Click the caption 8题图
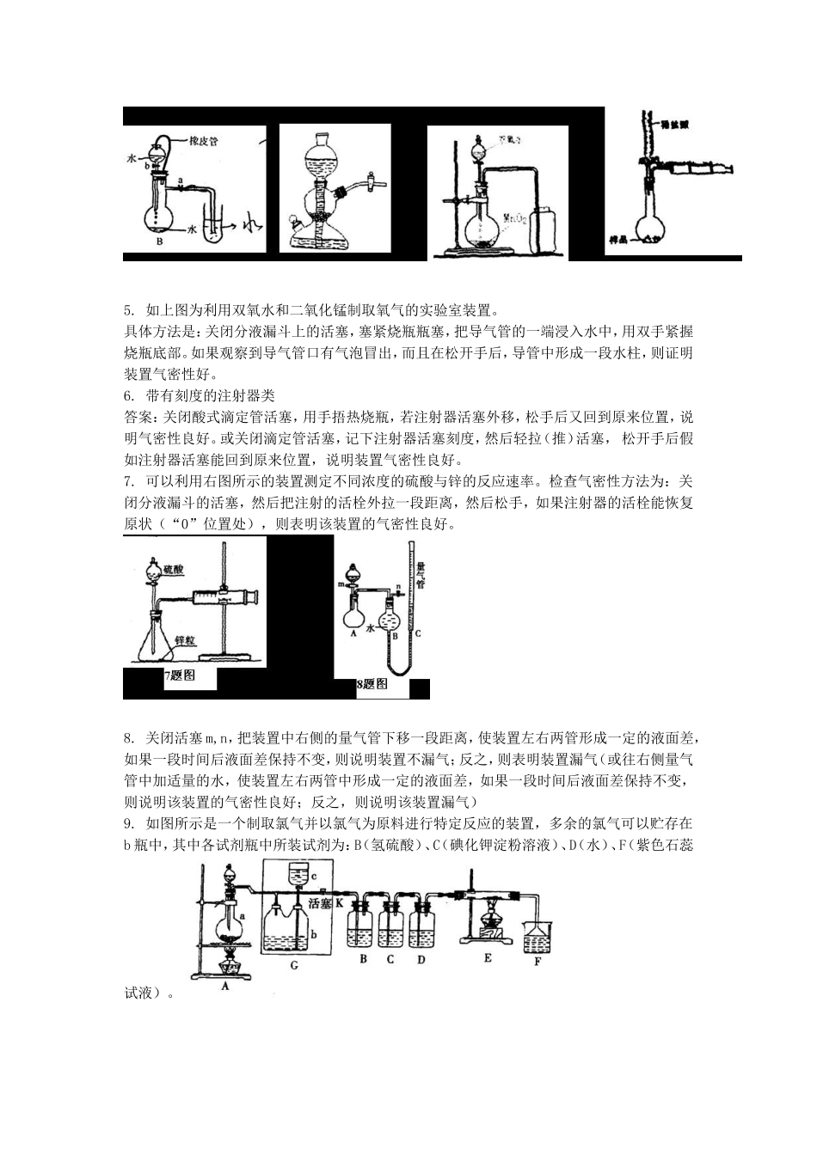coord(372,684)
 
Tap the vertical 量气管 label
coord(421,575)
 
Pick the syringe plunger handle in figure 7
coord(250,596)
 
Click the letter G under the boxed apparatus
coord(294,965)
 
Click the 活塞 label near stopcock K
coord(308,903)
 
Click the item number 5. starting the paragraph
coord(130,309)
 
